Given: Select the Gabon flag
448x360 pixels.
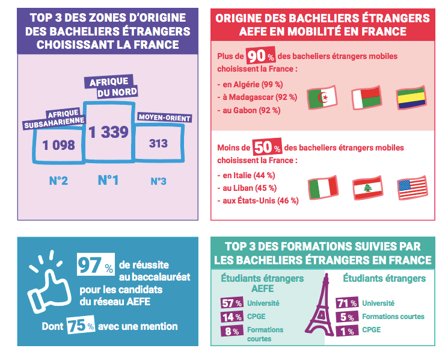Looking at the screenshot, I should click(411, 98).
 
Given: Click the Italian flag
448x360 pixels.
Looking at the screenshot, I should click(322, 188).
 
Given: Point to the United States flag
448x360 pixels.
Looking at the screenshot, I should click(412, 188).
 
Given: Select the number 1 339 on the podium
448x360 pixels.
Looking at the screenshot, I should click(109, 132).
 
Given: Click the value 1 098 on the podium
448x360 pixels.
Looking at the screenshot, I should click(58, 145).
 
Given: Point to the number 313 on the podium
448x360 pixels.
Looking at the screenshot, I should click(158, 144).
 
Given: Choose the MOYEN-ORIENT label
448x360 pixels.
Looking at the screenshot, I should click(164, 118).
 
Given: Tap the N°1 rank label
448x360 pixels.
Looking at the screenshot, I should click(108, 181).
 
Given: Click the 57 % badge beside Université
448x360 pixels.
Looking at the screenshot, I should click(231, 303).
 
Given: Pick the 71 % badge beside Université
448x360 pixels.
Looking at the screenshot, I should click(348, 303).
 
